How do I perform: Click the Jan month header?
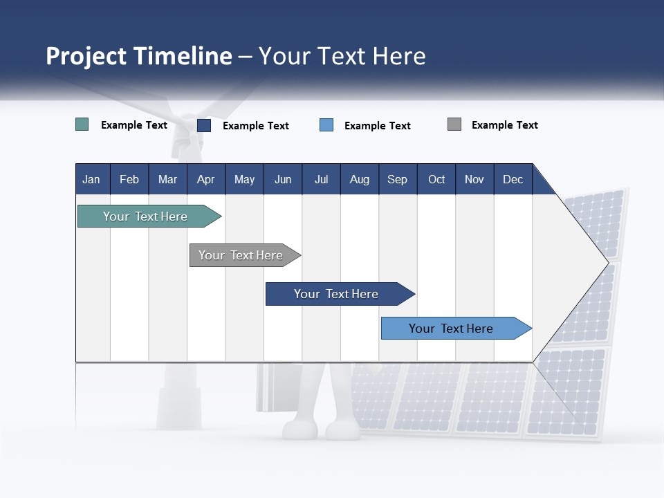91,179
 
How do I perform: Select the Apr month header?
206,179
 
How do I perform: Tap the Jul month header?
321,179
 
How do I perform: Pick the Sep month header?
397,179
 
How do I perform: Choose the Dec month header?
513,179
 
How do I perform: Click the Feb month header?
129,179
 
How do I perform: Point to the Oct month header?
436,179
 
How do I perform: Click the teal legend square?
82,124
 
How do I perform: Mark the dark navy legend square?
204,125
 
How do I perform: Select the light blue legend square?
326,125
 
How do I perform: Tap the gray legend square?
454,124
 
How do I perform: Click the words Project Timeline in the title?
139,56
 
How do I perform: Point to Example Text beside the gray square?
504,125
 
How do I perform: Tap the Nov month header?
474,179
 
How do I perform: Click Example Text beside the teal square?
134,125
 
